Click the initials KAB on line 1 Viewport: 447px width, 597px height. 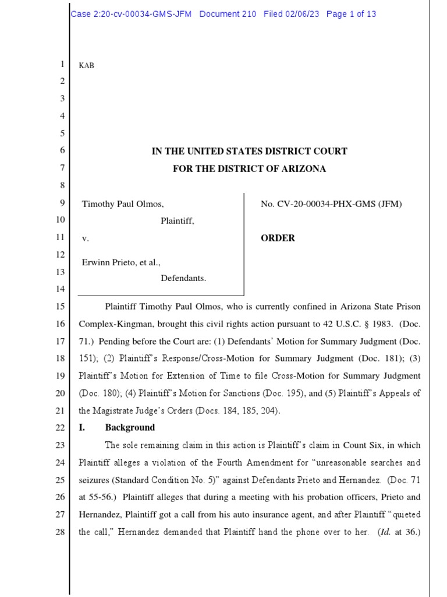(86, 66)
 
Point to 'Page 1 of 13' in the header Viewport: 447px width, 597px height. (351, 14)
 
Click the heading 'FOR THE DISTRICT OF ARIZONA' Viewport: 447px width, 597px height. (249, 169)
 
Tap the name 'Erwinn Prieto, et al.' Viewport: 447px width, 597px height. (120, 262)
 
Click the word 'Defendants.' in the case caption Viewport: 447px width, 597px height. (183, 278)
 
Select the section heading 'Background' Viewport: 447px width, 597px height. (130, 427)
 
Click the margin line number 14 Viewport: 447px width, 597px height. (61, 289)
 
